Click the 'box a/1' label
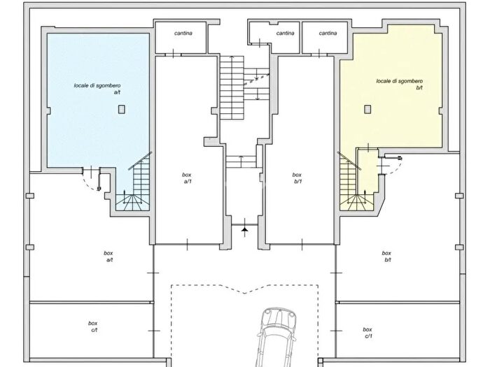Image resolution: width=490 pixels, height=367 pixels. click(x=187, y=178)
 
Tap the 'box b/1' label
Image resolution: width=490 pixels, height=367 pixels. click(x=297, y=178)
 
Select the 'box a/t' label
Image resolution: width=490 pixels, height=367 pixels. click(x=108, y=257)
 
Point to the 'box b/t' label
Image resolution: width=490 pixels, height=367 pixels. click(x=386, y=257)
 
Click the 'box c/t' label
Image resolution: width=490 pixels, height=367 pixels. click(x=93, y=326)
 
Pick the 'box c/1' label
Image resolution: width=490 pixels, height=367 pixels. click(x=367, y=333)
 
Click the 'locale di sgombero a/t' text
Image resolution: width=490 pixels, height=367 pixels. click(x=97, y=89)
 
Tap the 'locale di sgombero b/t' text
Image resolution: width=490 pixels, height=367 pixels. click(x=400, y=85)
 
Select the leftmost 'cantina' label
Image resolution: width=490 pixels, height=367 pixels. click(x=183, y=33)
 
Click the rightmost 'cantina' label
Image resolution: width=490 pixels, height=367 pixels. click(x=328, y=33)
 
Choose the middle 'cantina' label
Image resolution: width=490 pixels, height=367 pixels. click(x=286, y=33)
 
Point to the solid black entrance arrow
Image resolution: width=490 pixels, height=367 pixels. click(x=245, y=231)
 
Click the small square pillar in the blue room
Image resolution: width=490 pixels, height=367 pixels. click(x=122, y=109)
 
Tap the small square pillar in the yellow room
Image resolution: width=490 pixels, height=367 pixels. click(x=367, y=109)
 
